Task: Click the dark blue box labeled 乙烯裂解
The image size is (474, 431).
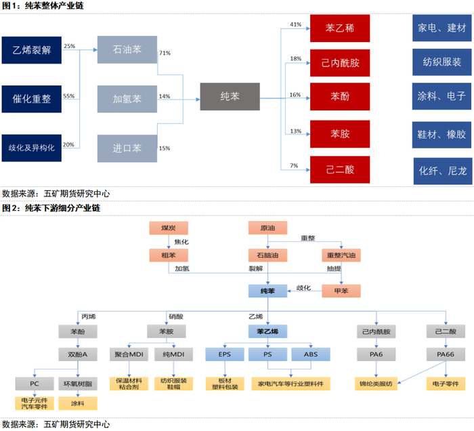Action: tap(31, 50)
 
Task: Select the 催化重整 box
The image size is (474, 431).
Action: tap(31, 99)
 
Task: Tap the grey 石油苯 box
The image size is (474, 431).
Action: tap(127, 49)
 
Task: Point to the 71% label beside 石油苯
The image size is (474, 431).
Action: tap(165, 53)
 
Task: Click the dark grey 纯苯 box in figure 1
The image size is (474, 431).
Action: tap(230, 96)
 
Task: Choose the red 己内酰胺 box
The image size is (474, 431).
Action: tap(340, 63)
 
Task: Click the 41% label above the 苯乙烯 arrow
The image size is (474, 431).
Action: tap(296, 24)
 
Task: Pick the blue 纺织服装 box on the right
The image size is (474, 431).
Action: tap(442, 62)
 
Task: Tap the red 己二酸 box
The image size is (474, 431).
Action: tap(340, 169)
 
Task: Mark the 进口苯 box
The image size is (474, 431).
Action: tap(127, 148)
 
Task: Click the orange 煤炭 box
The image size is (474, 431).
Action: tap(169, 228)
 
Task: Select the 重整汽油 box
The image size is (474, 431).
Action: tap(341, 255)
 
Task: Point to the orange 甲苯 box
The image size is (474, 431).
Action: tap(341, 291)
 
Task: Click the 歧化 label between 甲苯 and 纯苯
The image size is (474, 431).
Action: tap(303, 287)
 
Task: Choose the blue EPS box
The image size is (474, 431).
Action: tap(225, 354)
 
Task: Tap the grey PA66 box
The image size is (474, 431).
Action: tap(446, 354)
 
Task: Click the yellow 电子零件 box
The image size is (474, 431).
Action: tap(446, 384)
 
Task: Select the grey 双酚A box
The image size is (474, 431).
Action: tap(78, 354)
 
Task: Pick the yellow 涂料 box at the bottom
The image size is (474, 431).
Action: tap(78, 403)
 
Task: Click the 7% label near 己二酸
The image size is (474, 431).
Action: tap(294, 166)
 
